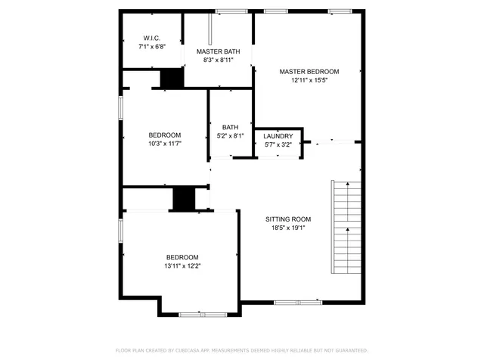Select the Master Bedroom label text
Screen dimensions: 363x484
tap(309, 71)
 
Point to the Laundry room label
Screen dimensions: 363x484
tap(278, 135)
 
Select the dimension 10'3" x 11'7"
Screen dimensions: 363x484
tap(164, 142)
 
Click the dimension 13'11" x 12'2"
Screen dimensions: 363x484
tap(182, 265)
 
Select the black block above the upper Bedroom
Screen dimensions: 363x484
tap(172, 79)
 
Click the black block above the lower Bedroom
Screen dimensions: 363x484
tap(184, 198)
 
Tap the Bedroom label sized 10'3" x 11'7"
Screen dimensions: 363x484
tap(164, 135)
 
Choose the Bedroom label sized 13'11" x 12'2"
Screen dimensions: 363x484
tap(182, 257)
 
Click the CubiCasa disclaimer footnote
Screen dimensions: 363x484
tap(241, 351)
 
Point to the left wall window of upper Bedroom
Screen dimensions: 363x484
tap(121, 106)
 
